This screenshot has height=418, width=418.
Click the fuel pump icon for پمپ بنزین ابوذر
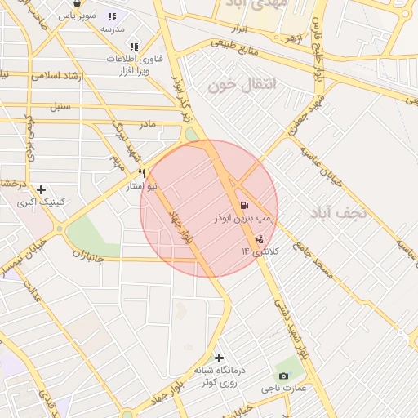(x=243, y=204)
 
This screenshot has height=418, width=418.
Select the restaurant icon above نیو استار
(x=142, y=173)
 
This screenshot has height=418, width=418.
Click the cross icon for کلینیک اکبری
(x=41, y=189)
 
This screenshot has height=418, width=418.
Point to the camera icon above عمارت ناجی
(x=283, y=375)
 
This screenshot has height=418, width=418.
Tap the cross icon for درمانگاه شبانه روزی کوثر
(x=218, y=358)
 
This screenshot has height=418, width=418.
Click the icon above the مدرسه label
(x=112, y=16)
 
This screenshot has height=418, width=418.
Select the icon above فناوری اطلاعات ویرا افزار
(x=134, y=46)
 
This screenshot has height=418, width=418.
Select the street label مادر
(x=146, y=124)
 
